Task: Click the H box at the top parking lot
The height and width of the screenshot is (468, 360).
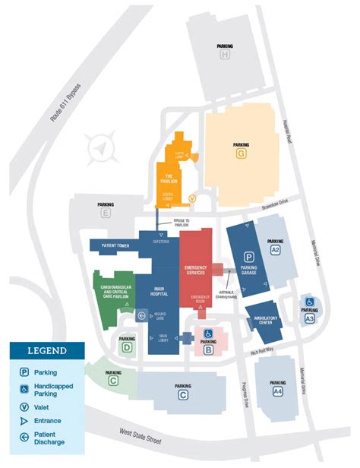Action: tap(225, 55)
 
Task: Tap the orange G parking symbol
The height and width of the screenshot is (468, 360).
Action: tap(242, 153)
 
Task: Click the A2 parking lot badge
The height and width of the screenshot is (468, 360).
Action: tap(275, 250)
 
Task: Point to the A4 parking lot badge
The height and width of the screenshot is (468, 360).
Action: tap(278, 391)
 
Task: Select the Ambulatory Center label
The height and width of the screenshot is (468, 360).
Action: tap(265, 320)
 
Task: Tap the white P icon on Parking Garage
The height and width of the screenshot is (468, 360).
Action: tap(248, 257)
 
